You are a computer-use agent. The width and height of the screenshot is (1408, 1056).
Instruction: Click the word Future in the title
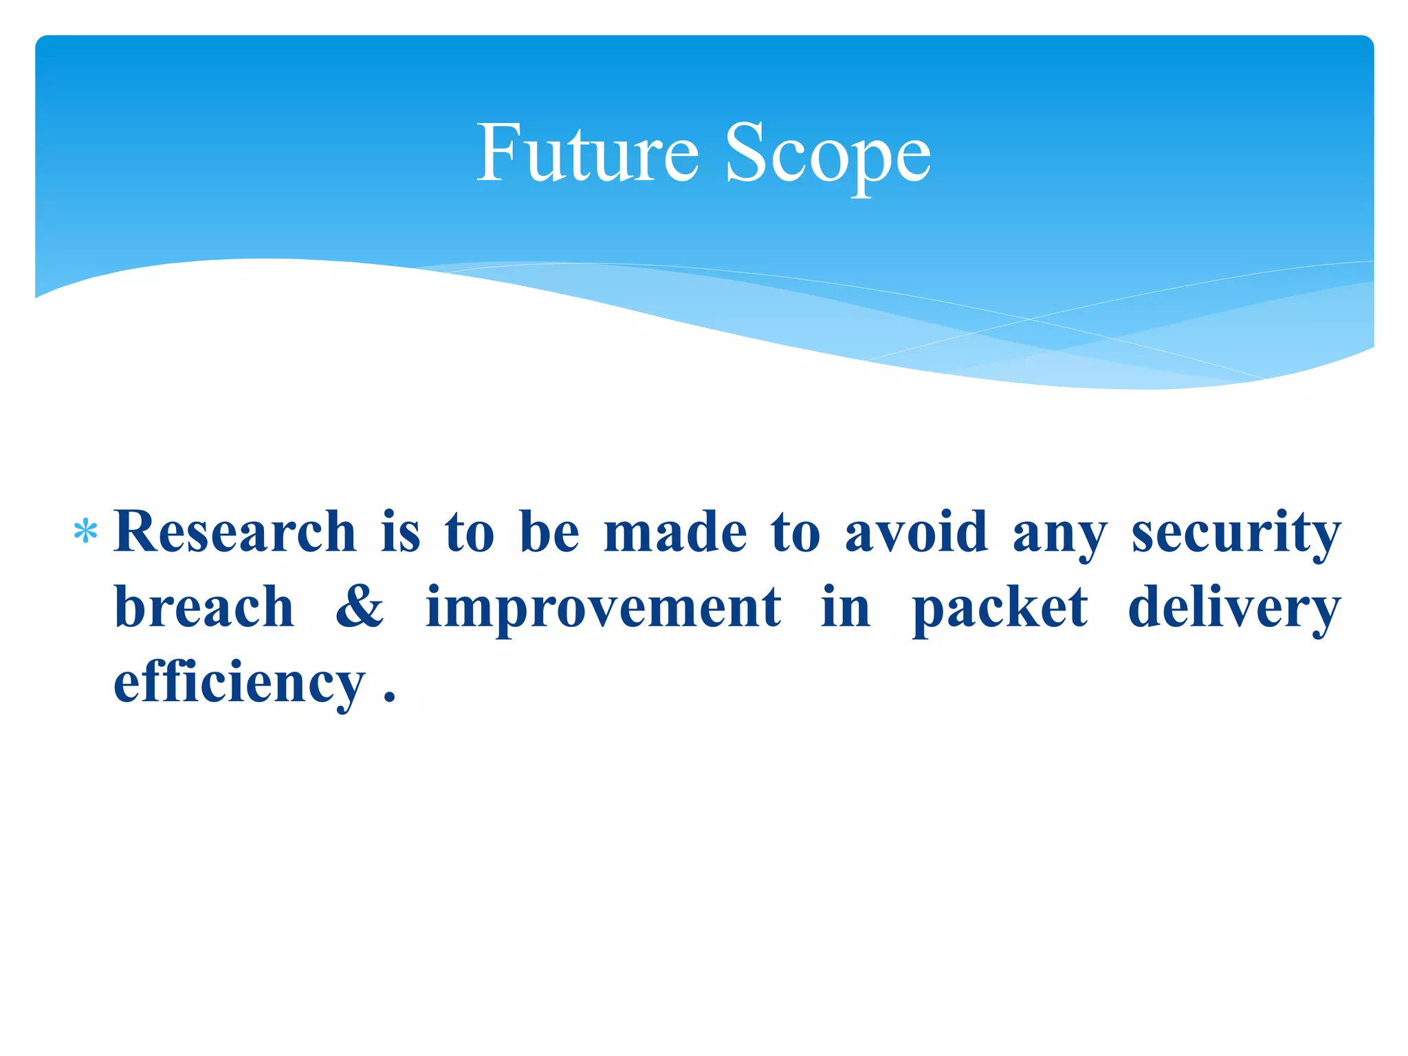click(x=587, y=153)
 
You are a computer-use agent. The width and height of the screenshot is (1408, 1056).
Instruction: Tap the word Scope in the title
click(x=828, y=154)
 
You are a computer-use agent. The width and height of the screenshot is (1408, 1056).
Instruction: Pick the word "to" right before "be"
click(x=470, y=533)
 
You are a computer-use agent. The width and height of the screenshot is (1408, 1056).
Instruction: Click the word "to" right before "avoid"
click(x=795, y=533)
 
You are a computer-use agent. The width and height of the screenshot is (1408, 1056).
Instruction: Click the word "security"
click(x=1236, y=533)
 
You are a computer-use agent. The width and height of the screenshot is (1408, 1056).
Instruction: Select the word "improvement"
click(x=603, y=608)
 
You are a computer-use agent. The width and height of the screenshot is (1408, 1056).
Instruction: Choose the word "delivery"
click(x=1235, y=608)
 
